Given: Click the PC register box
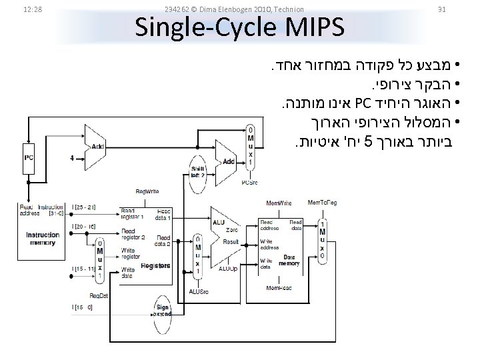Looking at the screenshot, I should click(28, 158).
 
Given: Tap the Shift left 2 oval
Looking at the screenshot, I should click(197, 171).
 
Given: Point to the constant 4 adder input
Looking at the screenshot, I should click(71, 158).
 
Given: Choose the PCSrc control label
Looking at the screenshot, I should click(249, 182).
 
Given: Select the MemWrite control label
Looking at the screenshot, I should click(279, 203).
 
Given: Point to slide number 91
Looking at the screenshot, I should click(441, 9).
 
